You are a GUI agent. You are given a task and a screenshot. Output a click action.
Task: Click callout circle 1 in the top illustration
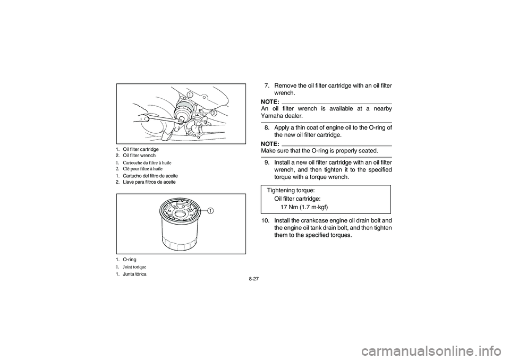(x=190, y=95)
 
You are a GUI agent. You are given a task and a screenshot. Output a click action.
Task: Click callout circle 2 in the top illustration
(x=214, y=113)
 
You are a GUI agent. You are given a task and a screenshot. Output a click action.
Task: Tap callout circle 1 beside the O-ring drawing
(x=211, y=211)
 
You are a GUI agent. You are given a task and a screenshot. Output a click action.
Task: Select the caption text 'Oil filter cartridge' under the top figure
(x=141, y=149)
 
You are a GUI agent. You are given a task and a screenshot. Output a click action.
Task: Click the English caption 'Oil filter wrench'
(x=139, y=156)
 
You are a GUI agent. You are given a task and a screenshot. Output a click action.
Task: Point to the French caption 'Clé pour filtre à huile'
(x=143, y=169)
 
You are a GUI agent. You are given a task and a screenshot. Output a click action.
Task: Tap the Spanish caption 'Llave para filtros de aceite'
(x=149, y=182)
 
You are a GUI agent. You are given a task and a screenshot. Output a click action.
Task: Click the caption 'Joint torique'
(x=134, y=267)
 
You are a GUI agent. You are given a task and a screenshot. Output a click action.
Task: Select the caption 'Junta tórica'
(x=134, y=274)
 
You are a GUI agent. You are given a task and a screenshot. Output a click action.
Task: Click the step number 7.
(x=267, y=86)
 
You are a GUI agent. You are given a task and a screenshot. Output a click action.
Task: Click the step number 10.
(x=266, y=220)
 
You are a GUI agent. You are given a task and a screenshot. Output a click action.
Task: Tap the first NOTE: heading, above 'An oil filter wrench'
(x=270, y=102)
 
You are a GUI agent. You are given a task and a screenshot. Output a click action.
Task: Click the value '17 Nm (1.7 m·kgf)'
(x=304, y=207)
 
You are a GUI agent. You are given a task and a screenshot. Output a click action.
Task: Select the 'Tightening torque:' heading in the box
(x=291, y=190)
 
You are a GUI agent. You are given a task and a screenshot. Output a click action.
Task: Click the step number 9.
(x=267, y=162)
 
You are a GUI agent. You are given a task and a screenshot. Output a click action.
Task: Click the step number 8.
(x=267, y=127)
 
